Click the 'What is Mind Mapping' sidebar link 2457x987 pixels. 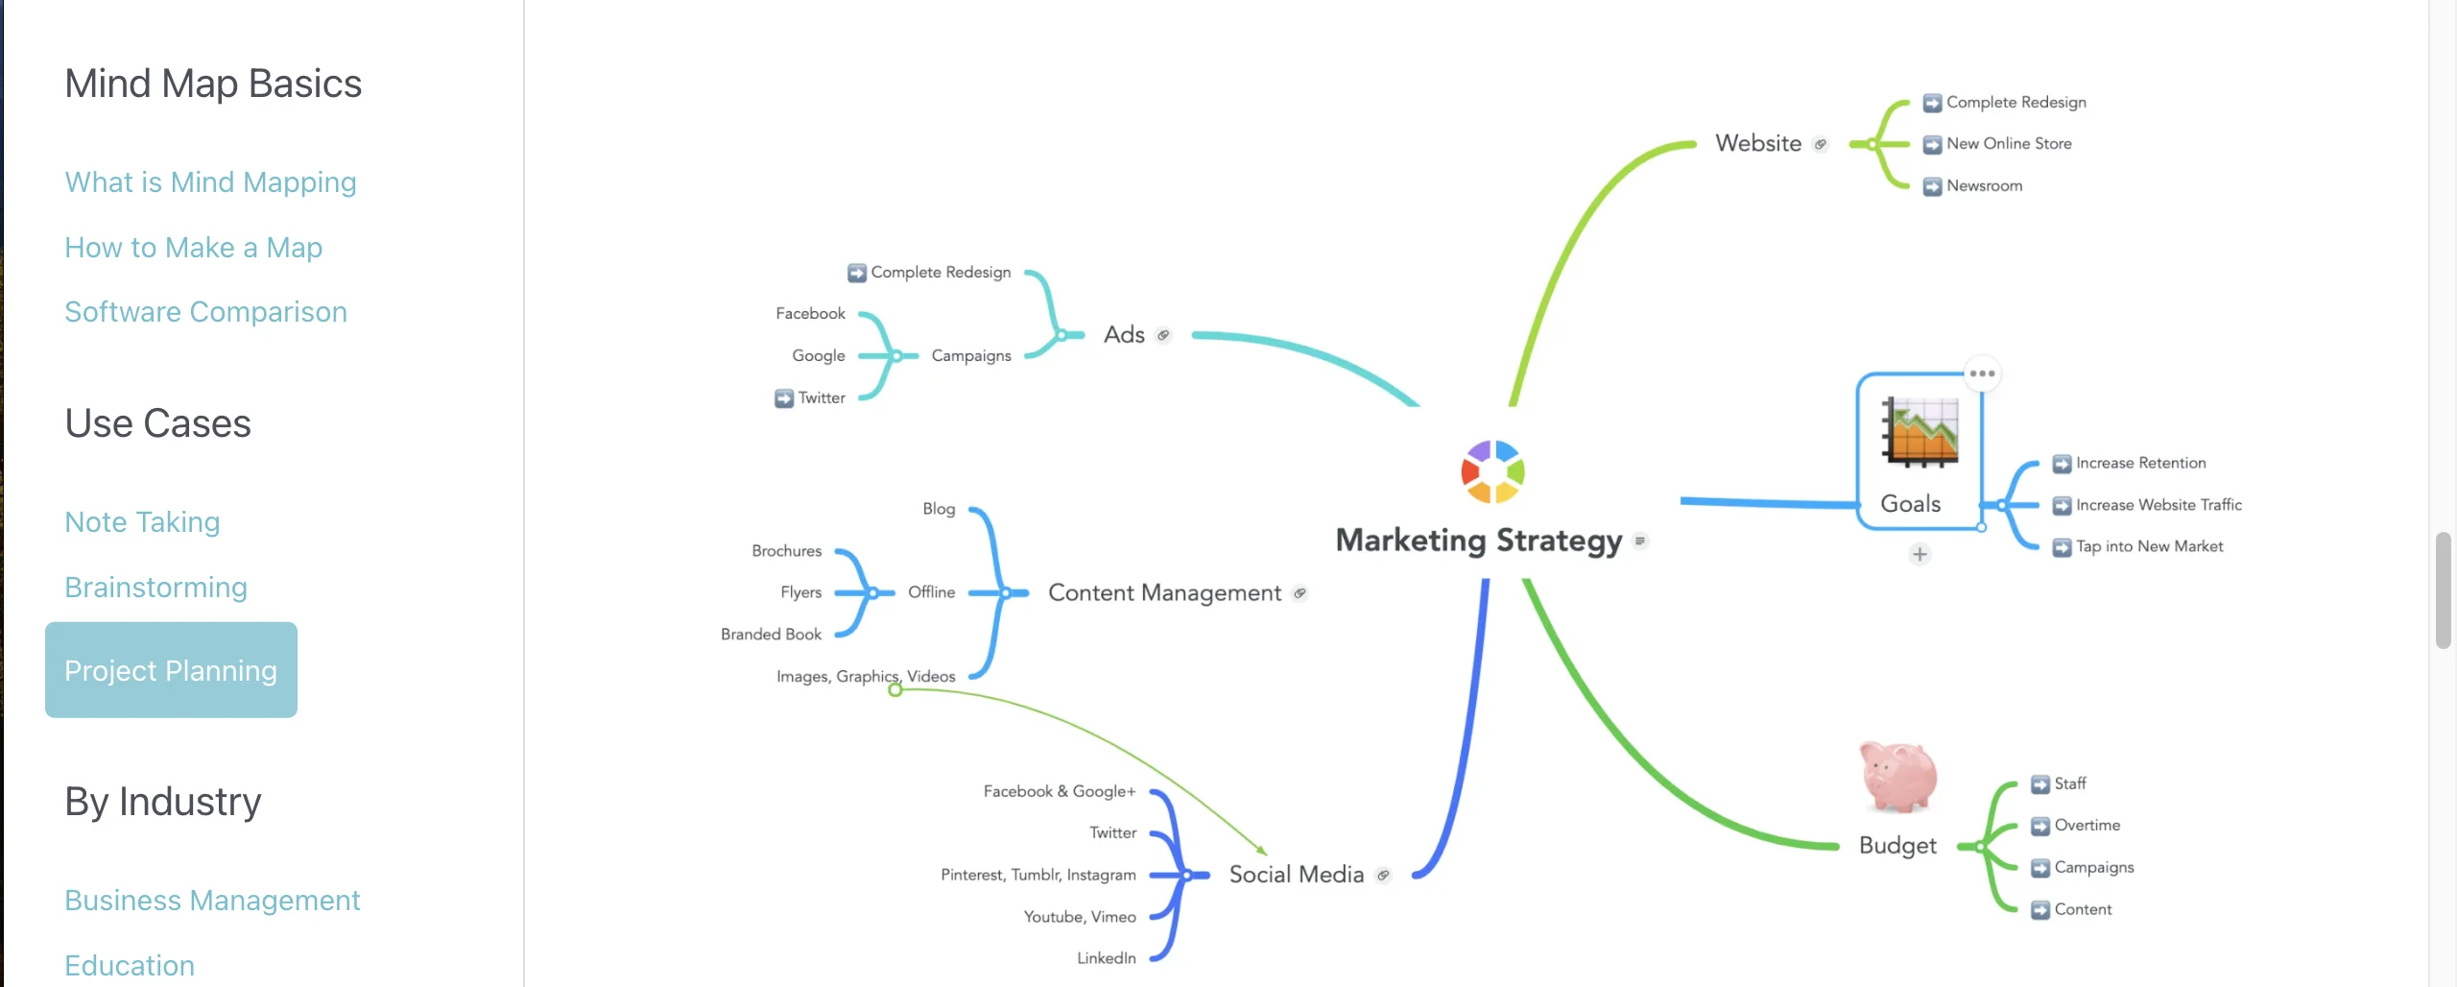pos(210,182)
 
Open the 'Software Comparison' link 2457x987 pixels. pos(205,312)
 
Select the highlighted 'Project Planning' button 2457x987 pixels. pos(171,670)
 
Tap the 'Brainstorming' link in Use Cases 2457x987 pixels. pos(155,587)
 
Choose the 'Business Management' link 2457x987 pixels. pos(212,900)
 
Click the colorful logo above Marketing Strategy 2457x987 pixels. pos(1492,471)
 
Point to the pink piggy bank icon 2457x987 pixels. pos(1897,777)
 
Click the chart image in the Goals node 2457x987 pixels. pos(1920,431)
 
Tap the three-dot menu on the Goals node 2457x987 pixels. pos(1982,373)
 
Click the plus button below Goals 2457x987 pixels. pos(1920,554)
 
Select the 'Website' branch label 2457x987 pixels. pos(1758,143)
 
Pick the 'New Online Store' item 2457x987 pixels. pos(2009,144)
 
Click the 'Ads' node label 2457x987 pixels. pos(1124,335)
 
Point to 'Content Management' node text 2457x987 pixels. pos(1164,593)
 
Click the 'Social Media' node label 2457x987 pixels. pos(1296,875)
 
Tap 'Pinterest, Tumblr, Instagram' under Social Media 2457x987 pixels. pos(1038,875)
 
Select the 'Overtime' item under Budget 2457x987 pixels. pos(2087,825)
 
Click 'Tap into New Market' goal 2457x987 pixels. pos(2149,546)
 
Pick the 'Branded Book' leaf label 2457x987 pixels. pos(771,635)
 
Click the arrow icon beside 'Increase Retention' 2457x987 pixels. pos(2062,464)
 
